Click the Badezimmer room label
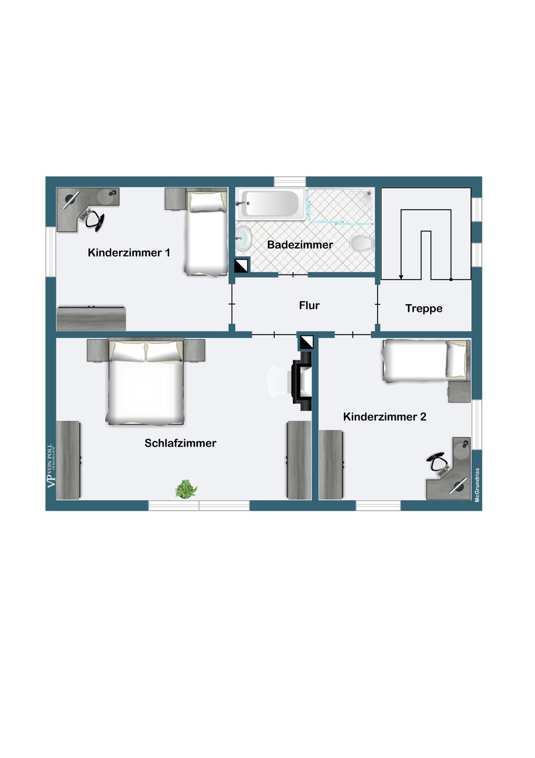coord(300,245)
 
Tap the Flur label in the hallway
coord(309,306)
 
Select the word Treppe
coord(423,309)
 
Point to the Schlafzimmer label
coord(180,444)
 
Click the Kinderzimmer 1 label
coord(129,253)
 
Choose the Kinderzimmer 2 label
coord(385,417)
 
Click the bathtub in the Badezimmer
coord(272,204)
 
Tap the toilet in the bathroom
coord(361,244)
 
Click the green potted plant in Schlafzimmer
coord(186,489)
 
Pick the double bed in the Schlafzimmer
coord(145,382)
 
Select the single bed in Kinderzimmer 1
coord(206,232)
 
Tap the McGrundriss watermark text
coord(477,485)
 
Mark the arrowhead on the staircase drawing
coord(401,276)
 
